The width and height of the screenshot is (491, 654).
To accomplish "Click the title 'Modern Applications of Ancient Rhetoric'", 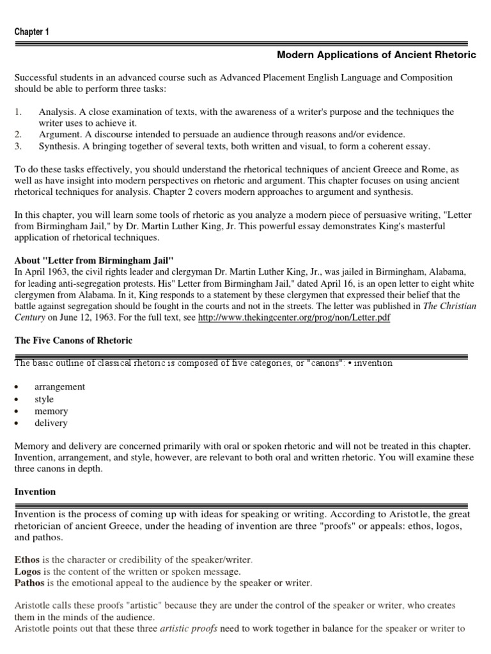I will tap(377, 55).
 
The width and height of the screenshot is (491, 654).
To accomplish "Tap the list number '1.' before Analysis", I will tap(19, 112).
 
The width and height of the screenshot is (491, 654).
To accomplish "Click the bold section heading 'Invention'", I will tap(35, 492).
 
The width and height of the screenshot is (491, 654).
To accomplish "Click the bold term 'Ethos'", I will tap(27, 559).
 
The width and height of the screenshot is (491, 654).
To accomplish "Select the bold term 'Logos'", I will tap(28, 571).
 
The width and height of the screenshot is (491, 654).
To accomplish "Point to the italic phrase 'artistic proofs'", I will tap(189, 628).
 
